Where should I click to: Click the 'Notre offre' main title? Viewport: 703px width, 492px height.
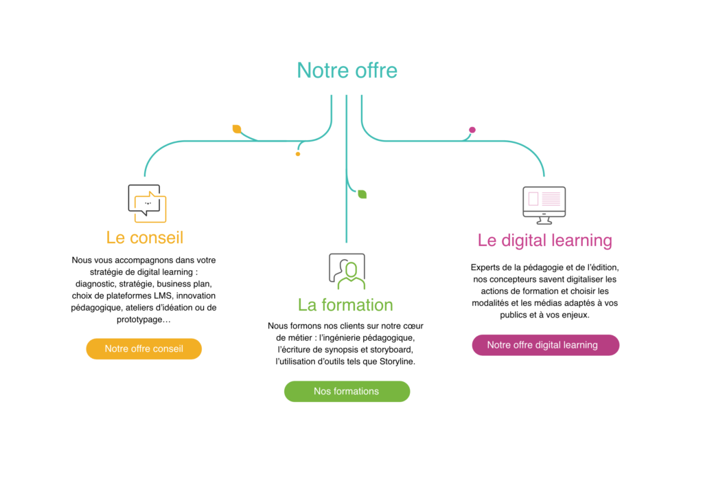coord(347,71)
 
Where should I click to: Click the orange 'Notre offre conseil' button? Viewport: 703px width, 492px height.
coord(144,349)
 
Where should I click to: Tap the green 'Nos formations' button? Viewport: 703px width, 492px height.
coord(347,392)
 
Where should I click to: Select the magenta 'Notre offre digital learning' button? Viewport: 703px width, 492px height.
coord(546,345)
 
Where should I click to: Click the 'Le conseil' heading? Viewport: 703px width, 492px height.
coord(145,238)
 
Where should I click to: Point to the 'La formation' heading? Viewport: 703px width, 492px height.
coord(345,305)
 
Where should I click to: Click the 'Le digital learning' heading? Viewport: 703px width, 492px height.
coord(544,241)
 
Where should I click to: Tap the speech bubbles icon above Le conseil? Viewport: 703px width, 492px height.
coord(147,203)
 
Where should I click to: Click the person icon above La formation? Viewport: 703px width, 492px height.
coord(347,271)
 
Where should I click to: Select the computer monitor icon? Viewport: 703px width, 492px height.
coord(544,205)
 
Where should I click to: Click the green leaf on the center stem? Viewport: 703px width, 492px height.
coord(362,194)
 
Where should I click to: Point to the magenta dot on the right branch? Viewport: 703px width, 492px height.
coord(472,130)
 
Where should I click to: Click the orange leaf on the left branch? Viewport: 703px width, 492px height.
coord(237,129)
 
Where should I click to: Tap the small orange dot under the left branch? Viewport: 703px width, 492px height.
coord(298,154)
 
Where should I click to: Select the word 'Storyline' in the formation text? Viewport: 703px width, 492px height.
coord(397,361)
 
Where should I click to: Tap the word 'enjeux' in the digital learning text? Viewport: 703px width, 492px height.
coord(576,315)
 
